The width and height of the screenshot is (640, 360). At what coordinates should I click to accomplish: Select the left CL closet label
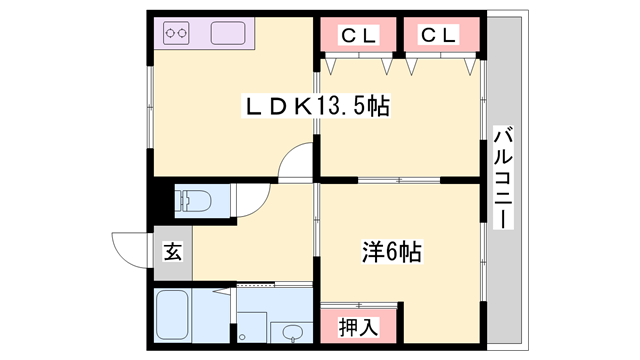click(358, 35)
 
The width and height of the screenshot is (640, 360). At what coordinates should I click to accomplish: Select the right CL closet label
click(437, 35)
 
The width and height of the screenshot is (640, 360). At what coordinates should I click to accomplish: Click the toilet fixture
click(194, 202)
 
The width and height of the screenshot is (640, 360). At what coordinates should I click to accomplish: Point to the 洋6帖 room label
click(390, 253)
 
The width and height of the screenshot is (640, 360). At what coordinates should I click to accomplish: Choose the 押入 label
click(358, 326)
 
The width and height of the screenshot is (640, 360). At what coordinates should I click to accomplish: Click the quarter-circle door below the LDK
click(299, 160)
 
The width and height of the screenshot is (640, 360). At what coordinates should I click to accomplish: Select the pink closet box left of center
click(358, 36)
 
